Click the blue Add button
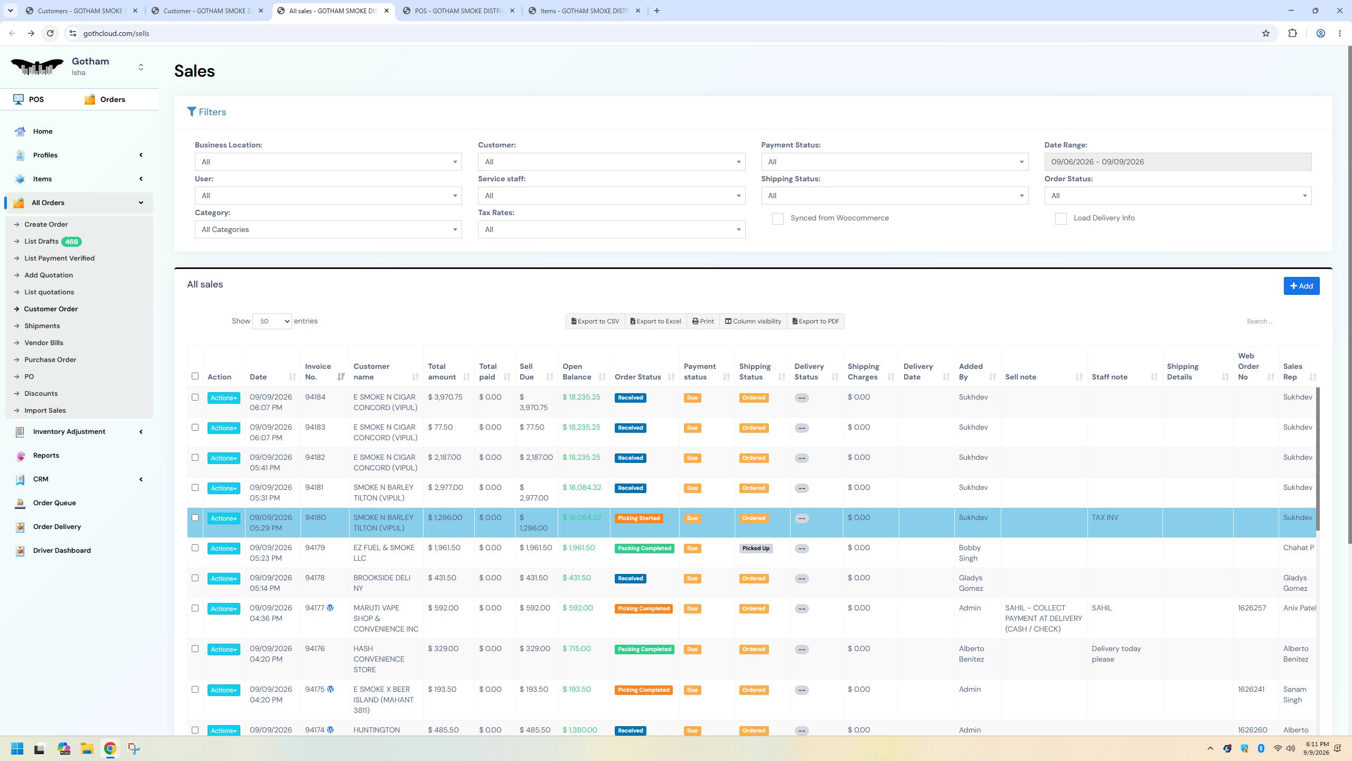(1301, 286)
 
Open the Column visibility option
(753, 321)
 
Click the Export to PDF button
(815, 321)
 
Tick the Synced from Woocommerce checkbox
(777, 219)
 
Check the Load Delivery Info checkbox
(1060, 219)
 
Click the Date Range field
(1177, 162)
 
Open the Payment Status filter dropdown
(894, 162)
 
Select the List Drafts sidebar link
(41, 242)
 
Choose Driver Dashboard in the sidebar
(62, 550)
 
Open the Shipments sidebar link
(42, 326)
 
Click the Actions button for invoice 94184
(223, 398)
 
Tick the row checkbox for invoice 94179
(195, 548)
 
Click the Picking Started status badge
(639, 518)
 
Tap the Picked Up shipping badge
(756, 549)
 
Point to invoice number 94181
(314, 487)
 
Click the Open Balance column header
(577, 372)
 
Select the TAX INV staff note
(1105, 517)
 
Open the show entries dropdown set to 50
(272, 321)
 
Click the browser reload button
(50, 33)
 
